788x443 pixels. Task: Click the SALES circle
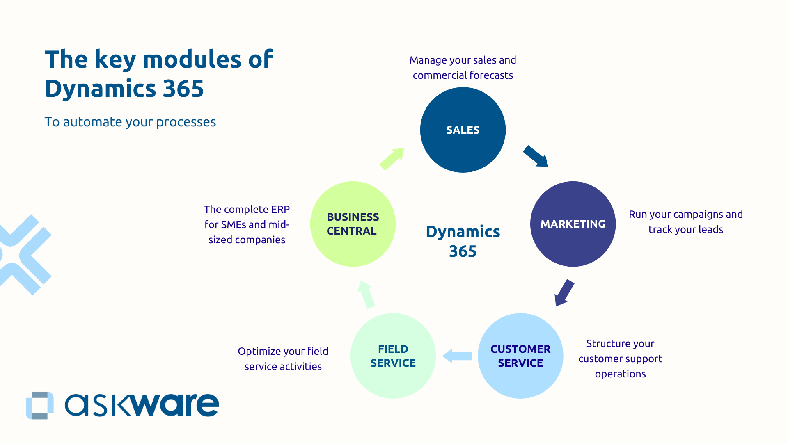pyautogui.click(x=463, y=130)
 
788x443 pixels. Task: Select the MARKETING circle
pyautogui.click(x=573, y=224)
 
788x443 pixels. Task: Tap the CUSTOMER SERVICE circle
pyautogui.click(x=520, y=356)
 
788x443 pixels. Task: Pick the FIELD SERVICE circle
pyautogui.click(x=393, y=356)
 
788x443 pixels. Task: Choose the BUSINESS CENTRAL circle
pyautogui.click(x=353, y=224)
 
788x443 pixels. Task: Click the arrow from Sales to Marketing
pyautogui.click(x=536, y=156)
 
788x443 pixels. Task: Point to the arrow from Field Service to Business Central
pyautogui.click(x=366, y=294)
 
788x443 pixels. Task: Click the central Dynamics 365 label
pyautogui.click(x=463, y=241)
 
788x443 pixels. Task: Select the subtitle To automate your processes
pyautogui.click(x=130, y=122)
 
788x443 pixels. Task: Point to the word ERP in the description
pyautogui.click(x=280, y=210)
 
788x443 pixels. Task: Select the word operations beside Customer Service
pyautogui.click(x=620, y=374)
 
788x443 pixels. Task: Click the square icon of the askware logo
pyautogui.click(x=40, y=405)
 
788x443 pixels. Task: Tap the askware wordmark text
pyautogui.click(x=142, y=405)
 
